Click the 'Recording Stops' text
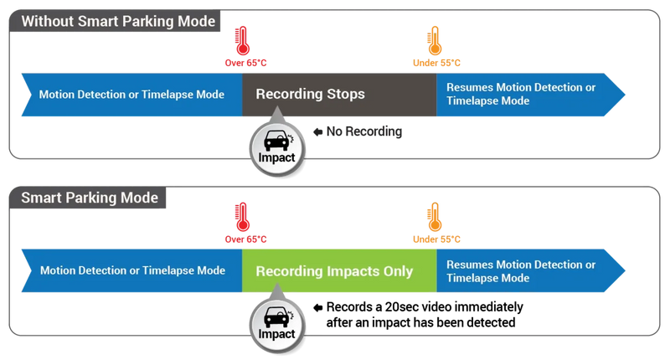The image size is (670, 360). tap(310, 94)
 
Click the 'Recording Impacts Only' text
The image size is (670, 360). tap(334, 271)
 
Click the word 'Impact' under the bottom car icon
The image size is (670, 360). tap(276, 334)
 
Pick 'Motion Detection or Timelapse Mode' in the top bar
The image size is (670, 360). tap(131, 94)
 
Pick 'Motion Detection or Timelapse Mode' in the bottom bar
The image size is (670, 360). tap(131, 270)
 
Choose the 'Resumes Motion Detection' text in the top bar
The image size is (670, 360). tap(521, 88)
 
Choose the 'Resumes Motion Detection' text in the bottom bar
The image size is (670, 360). tap(521, 265)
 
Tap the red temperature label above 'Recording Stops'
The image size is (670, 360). tap(244, 63)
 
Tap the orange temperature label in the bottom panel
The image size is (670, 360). tap(435, 239)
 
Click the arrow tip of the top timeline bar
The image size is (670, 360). tap(626, 94)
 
